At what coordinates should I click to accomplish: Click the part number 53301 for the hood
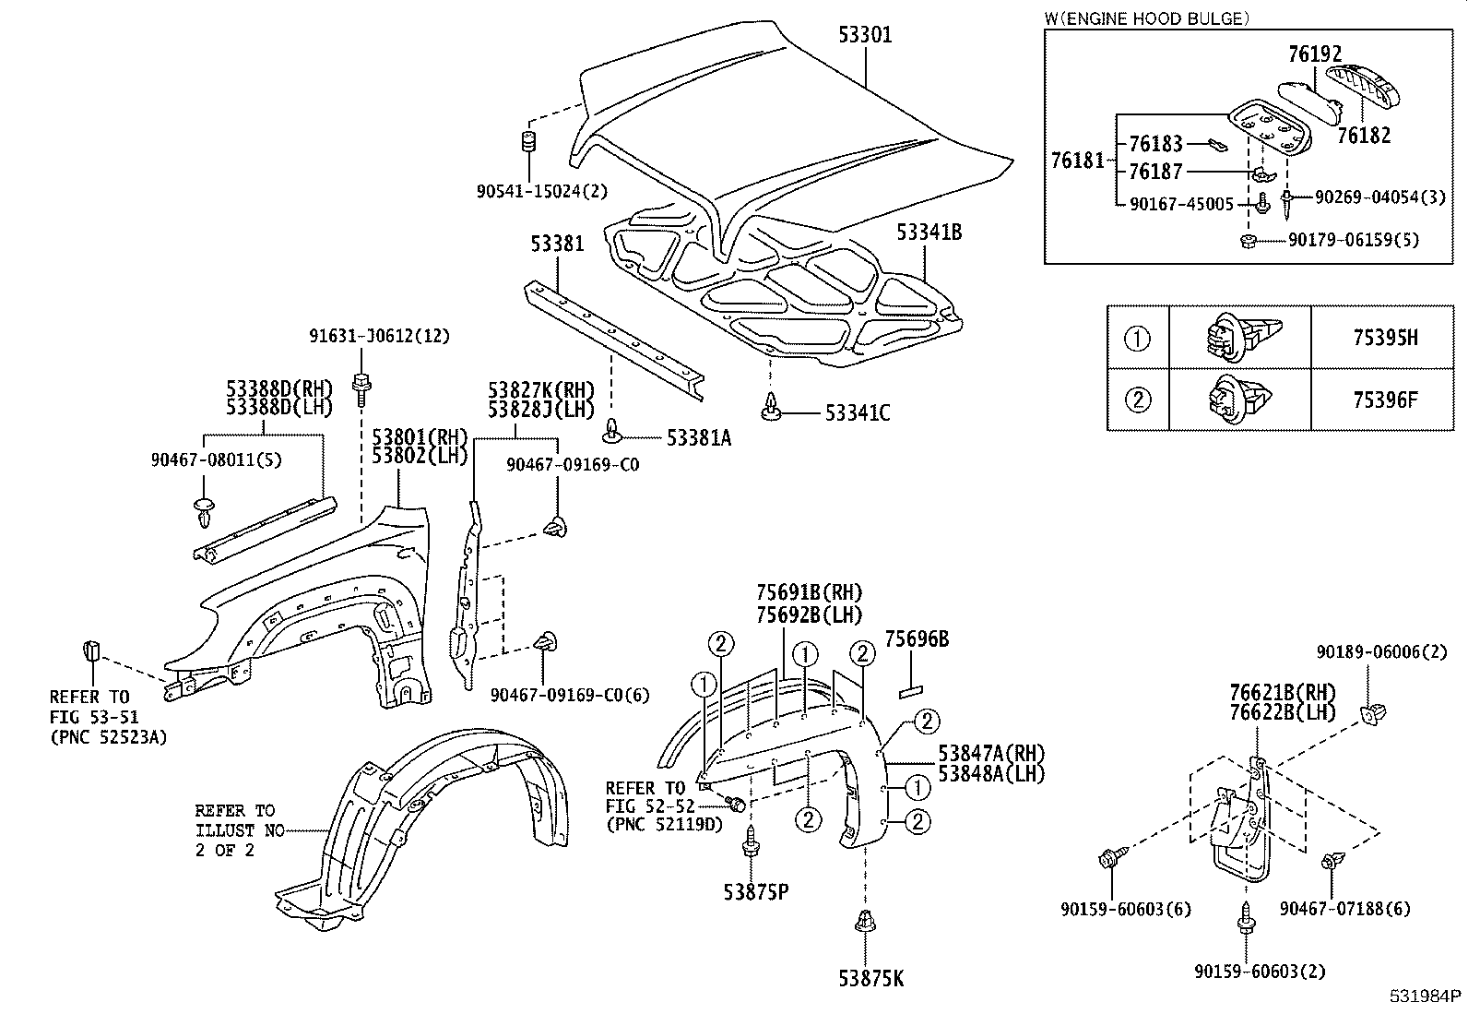click(864, 35)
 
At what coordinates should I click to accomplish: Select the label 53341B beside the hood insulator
click(929, 233)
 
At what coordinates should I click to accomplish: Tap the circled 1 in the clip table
click(1137, 339)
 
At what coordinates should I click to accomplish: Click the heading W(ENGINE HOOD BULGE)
click(1147, 18)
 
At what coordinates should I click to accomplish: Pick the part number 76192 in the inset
click(1314, 55)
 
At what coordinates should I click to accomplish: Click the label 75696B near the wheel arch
click(916, 638)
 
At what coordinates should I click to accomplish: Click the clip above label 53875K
click(865, 923)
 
